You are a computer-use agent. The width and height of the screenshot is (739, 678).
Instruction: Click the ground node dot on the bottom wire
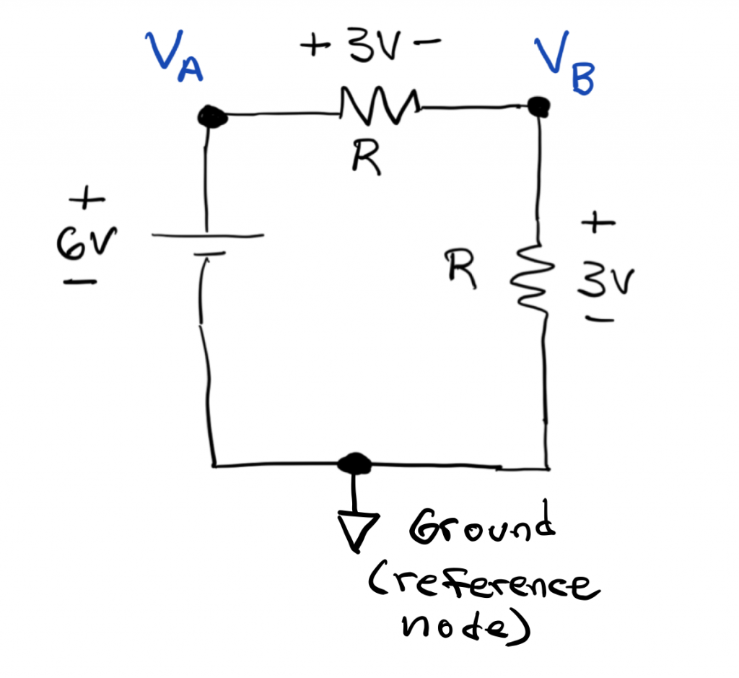coord(354,463)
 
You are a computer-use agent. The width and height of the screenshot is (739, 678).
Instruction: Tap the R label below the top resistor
coord(367,157)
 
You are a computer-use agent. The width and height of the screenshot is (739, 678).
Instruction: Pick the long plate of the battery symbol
coord(206,236)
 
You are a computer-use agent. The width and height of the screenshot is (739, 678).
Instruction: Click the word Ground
coord(482,530)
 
